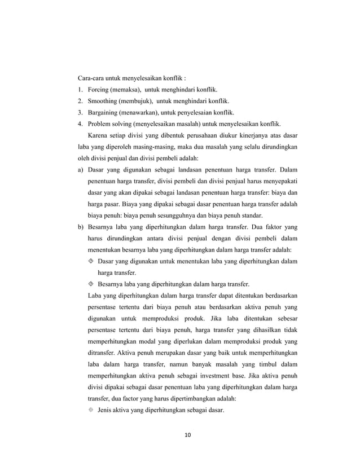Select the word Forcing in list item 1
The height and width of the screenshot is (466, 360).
99,89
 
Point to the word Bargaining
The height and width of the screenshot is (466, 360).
103,112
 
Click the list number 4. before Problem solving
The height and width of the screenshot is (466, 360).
80,124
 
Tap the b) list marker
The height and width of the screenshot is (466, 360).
81,227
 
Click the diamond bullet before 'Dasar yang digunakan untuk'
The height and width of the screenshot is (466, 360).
92,262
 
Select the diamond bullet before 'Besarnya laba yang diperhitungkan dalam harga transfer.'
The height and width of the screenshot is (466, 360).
92,284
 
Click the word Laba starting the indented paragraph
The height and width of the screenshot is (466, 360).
95,296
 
